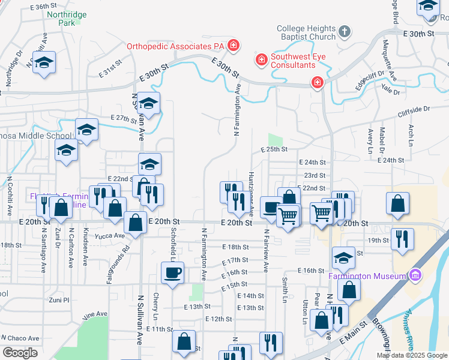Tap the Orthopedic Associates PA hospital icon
[x=234, y=45]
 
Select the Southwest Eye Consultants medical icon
[x=261, y=59]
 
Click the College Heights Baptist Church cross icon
[x=344, y=31]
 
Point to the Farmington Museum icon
[x=414, y=276]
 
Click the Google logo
[x=20, y=353]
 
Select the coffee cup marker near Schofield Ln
[x=173, y=274]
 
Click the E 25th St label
[x=274, y=149]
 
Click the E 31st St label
[x=112, y=67]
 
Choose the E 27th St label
[x=124, y=118]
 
